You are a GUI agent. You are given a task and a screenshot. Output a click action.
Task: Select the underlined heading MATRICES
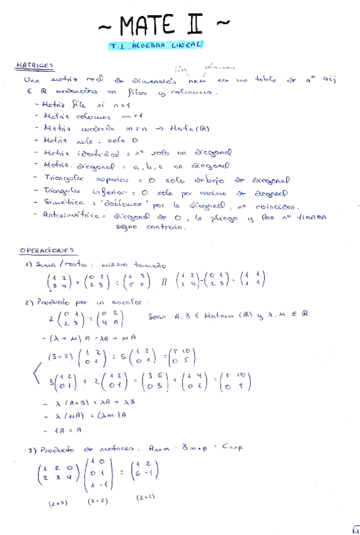tap(34, 66)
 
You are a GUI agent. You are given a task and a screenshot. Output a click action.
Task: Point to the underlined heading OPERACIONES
tap(47, 250)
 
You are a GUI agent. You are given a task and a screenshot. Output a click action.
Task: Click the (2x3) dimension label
tap(58, 503)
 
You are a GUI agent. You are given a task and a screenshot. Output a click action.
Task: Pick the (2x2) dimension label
tap(146, 497)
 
